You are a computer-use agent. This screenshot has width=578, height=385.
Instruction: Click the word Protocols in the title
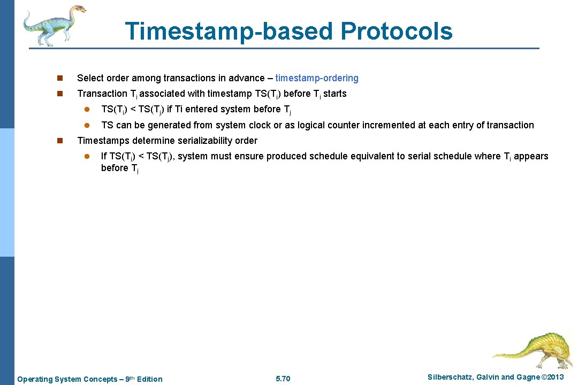[x=396, y=31]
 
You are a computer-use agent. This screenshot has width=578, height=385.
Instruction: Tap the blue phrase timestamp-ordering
[x=317, y=78]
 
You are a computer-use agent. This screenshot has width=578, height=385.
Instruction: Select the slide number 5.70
[x=283, y=379]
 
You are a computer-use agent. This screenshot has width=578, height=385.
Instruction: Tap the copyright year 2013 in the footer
[x=553, y=378]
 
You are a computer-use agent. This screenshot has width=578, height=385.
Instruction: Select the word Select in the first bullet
[x=90, y=78]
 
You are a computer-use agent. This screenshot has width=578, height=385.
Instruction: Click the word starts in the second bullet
[x=334, y=94]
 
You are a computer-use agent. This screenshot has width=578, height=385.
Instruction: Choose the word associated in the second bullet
[x=163, y=94]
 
